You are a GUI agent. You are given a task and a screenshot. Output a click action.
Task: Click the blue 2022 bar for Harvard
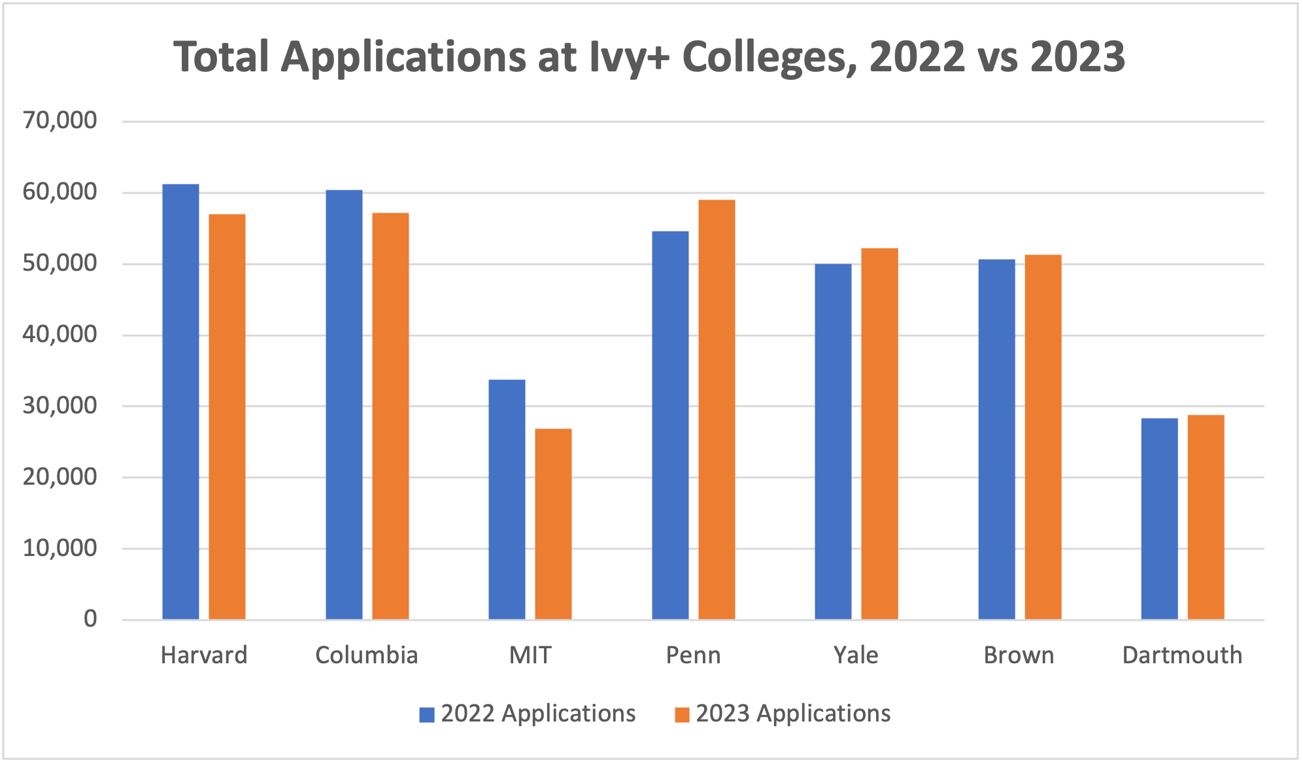tap(180, 402)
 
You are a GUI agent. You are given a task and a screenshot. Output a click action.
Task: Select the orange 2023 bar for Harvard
tap(227, 417)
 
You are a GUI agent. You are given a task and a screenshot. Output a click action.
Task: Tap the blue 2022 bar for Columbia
tap(344, 404)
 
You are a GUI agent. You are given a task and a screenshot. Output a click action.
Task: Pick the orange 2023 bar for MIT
tap(553, 524)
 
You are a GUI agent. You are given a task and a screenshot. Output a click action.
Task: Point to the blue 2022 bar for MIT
tap(507, 499)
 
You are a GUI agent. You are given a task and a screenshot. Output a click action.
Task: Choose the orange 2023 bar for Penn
tap(717, 409)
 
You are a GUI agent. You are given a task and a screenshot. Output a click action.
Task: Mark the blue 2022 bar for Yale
tap(833, 442)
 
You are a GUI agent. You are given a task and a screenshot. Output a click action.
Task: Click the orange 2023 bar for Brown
tap(1043, 437)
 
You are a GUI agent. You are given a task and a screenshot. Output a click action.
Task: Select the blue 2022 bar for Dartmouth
tap(1159, 519)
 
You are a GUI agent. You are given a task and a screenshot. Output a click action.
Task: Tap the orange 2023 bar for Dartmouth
tap(1206, 517)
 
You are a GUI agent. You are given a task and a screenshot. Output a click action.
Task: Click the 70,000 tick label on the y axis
tap(59, 120)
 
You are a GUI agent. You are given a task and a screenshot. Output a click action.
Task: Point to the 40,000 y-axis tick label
tap(59, 334)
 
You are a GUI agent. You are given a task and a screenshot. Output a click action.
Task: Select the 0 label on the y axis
tap(90, 619)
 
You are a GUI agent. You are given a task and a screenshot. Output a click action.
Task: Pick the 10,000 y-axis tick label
tap(59, 548)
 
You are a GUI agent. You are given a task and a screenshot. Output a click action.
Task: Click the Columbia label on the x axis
tap(366, 655)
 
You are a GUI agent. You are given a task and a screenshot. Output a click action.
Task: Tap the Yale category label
tap(856, 655)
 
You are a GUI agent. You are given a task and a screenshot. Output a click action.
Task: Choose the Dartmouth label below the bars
tap(1182, 655)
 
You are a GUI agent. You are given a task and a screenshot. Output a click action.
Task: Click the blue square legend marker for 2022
tap(427, 714)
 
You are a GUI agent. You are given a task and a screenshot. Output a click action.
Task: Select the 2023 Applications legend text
tap(792, 714)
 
